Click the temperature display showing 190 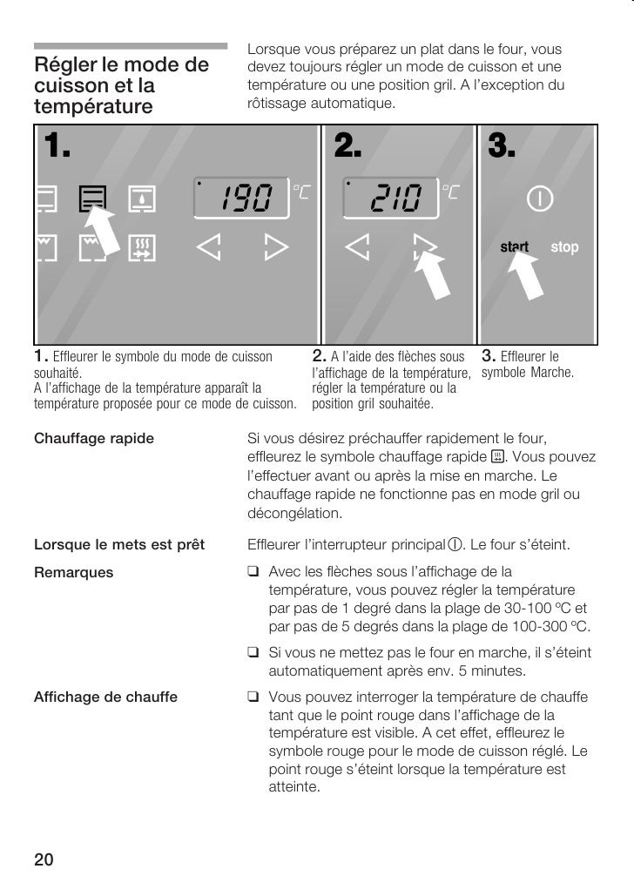point(242,200)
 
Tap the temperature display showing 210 point(390,200)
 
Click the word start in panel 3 point(514,247)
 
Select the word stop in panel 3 point(564,247)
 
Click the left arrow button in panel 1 point(209,248)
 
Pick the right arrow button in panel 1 point(276,248)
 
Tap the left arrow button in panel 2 point(356,248)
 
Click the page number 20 point(44,860)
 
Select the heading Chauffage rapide point(93,438)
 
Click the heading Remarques point(73,572)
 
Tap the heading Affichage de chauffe point(105,697)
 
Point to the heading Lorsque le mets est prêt point(118,545)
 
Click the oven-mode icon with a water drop point(140,199)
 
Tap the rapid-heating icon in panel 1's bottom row point(140,248)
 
